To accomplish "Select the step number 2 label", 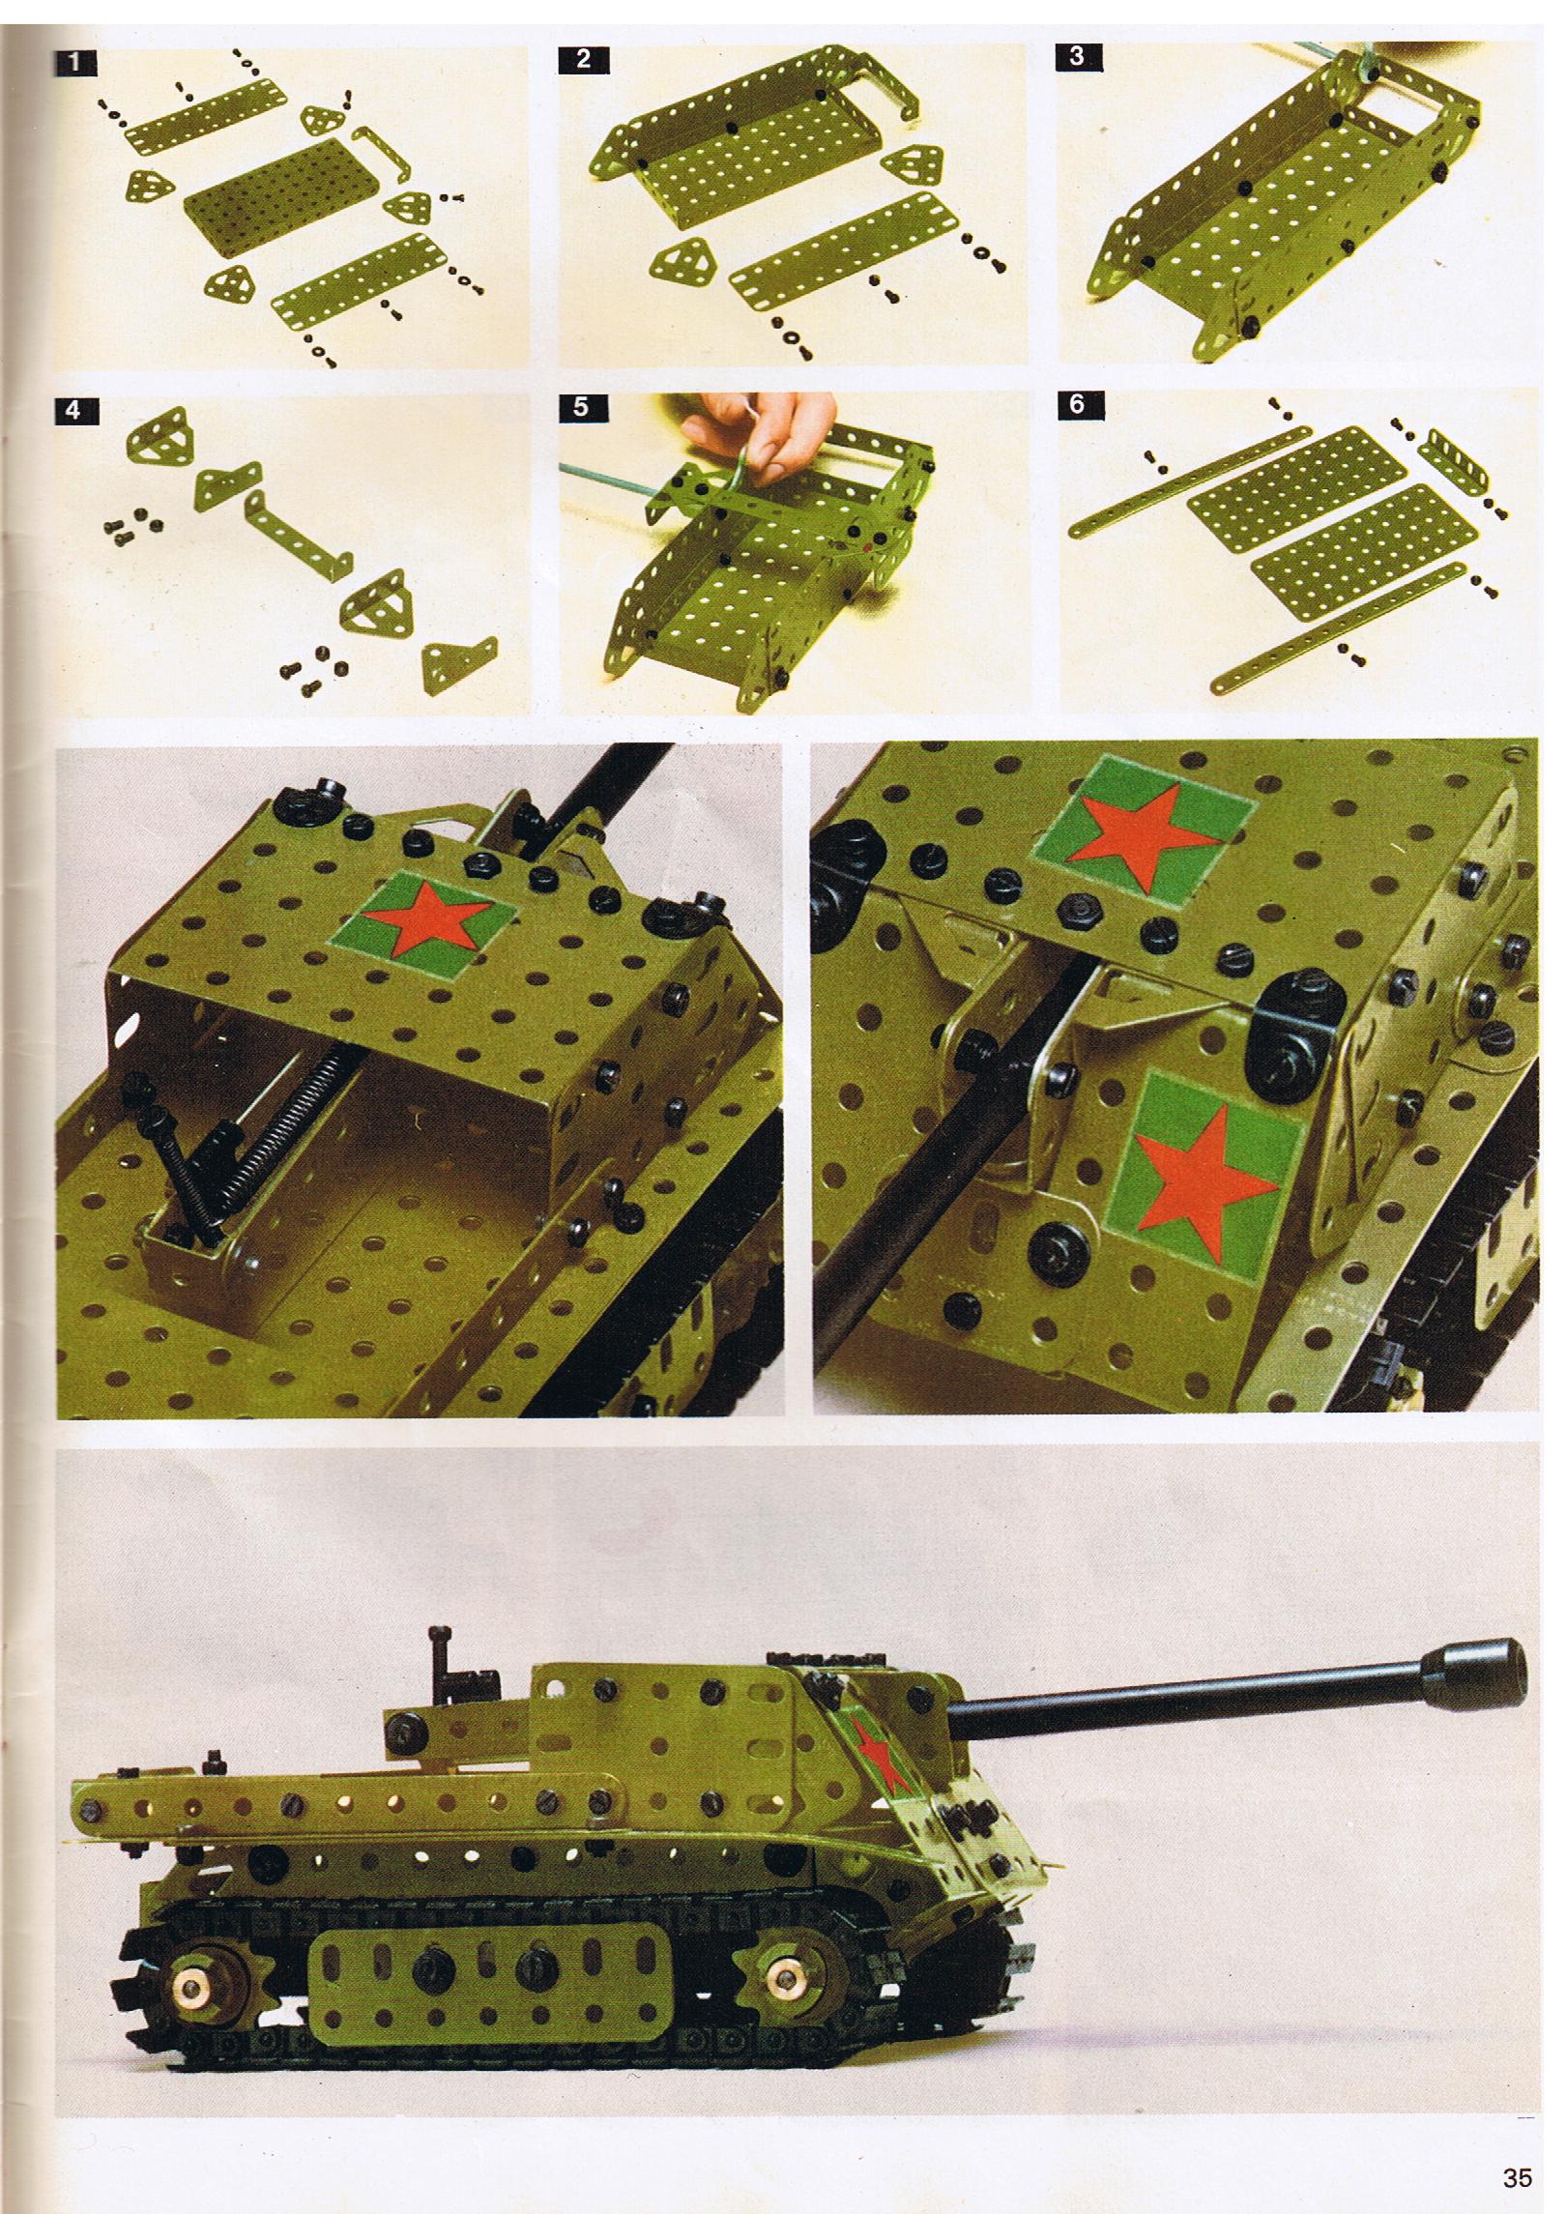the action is tap(583, 59).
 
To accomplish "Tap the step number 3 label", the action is tap(1078, 57).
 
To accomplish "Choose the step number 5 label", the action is tap(581, 406).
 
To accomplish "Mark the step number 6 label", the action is tap(1078, 404).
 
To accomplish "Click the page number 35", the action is tap(1516, 2170).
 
